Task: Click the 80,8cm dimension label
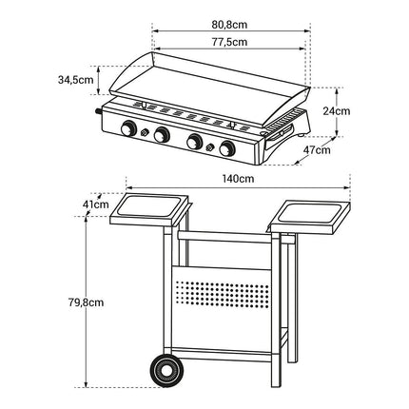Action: [x=229, y=25]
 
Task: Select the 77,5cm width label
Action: [x=229, y=42]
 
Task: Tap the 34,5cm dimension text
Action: [x=76, y=80]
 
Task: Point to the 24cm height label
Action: [x=337, y=111]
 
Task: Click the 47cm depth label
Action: [x=317, y=149]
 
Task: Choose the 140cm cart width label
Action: [x=238, y=179]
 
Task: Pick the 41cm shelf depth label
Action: [x=95, y=204]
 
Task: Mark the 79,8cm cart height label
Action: [x=86, y=302]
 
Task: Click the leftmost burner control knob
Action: [x=128, y=128]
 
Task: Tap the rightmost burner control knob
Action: [x=227, y=148]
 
